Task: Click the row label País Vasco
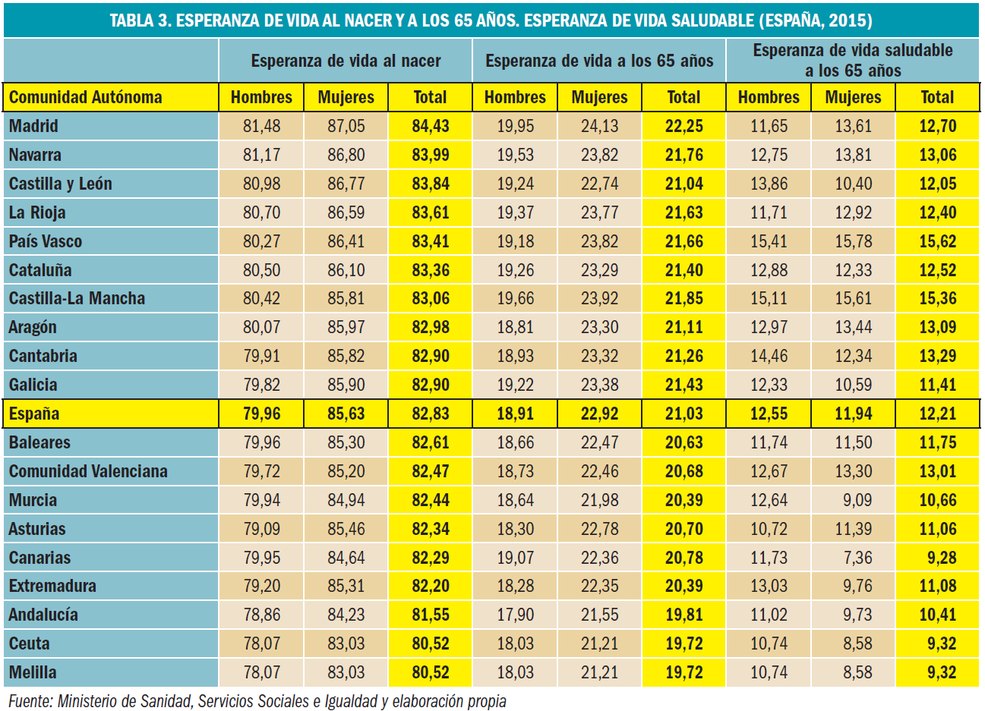(x=46, y=241)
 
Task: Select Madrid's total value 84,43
(x=431, y=126)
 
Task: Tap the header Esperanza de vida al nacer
(x=346, y=61)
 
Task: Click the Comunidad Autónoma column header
(x=86, y=97)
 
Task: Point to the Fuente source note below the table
(x=257, y=701)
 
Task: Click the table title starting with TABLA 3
(x=491, y=20)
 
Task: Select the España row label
(x=34, y=414)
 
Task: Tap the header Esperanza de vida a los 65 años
(x=599, y=61)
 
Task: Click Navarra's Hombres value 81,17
(x=262, y=155)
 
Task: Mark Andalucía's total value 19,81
(x=684, y=615)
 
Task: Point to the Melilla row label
(x=33, y=672)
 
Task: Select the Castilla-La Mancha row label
(x=77, y=298)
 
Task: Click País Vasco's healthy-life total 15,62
(x=938, y=241)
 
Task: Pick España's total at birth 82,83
(x=431, y=414)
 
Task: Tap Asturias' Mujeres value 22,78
(x=600, y=529)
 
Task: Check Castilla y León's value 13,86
(x=769, y=184)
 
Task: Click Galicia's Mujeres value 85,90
(x=346, y=385)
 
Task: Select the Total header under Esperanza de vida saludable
(x=938, y=97)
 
